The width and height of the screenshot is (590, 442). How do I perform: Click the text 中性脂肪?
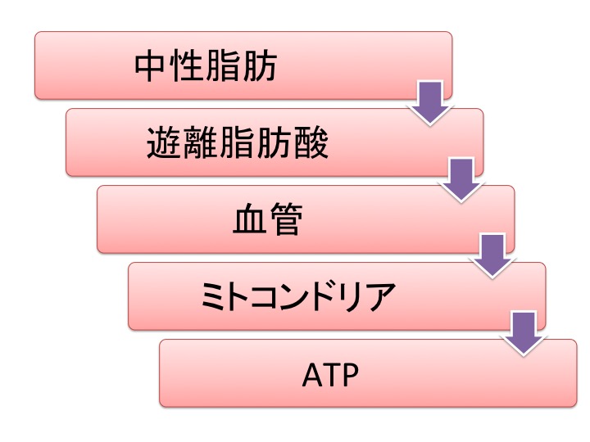point(206,68)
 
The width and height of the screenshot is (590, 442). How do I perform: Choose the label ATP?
point(329,374)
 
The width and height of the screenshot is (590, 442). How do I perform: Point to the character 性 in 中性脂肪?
point(188,68)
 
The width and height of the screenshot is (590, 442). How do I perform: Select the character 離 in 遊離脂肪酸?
point(201,144)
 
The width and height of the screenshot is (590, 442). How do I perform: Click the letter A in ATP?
point(310,374)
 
